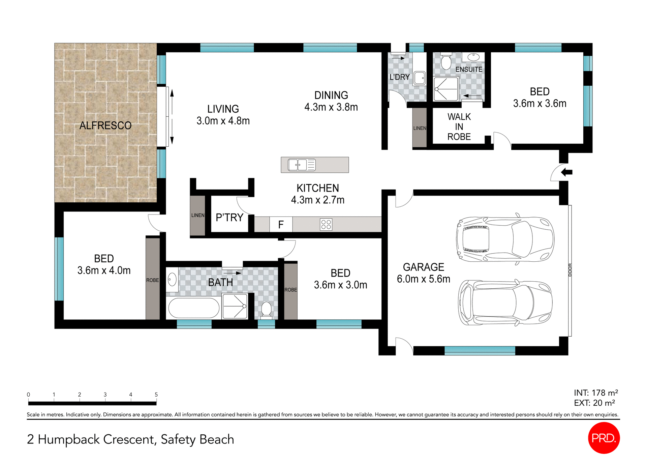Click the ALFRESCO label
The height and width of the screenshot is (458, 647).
point(105,125)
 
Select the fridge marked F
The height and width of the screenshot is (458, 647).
point(281,224)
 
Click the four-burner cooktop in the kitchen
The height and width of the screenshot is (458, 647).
point(326,225)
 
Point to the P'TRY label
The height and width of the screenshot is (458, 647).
point(229,218)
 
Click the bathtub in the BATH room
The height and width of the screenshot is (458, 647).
point(193,308)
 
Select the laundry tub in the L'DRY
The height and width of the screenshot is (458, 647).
point(420,78)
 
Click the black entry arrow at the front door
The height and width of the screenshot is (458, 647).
point(567,172)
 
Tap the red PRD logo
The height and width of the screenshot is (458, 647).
point(604,438)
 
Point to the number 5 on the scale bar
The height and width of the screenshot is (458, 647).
point(156,394)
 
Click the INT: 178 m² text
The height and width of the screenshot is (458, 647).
point(595,393)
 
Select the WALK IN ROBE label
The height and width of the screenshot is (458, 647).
point(459,127)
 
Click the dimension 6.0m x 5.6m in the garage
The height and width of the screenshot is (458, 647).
point(423,279)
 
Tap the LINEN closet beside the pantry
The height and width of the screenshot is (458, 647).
point(197,215)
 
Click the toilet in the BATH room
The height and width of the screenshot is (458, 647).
point(266,310)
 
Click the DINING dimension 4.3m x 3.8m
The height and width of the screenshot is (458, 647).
point(331,107)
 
